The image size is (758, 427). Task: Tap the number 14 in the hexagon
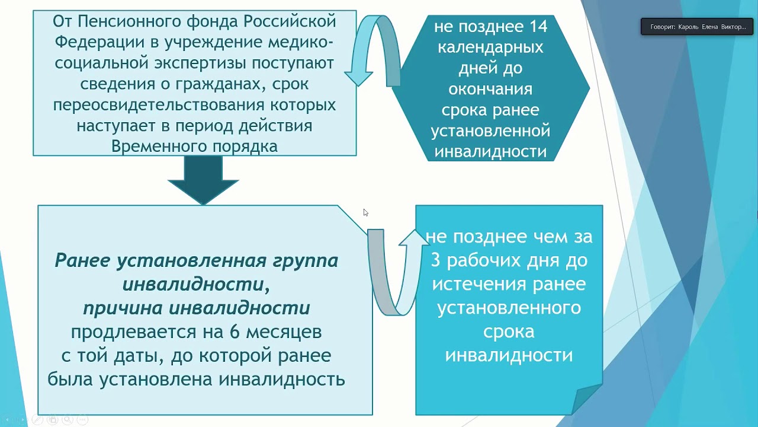click(536, 26)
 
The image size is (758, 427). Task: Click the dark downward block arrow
click(203, 180)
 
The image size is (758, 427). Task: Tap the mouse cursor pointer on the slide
click(365, 212)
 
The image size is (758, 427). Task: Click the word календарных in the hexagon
click(490, 47)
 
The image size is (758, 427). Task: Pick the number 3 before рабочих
click(436, 261)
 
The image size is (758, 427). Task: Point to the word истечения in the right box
click(467, 284)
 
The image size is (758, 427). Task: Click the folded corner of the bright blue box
click(587, 399)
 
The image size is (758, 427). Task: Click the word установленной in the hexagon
click(490, 130)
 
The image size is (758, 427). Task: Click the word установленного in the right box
click(509, 308)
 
